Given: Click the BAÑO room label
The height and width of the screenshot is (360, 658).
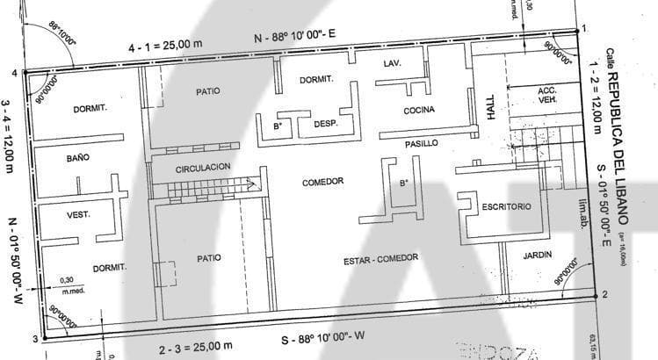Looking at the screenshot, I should [78, 158].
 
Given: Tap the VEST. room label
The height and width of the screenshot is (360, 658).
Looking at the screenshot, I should [79, 214].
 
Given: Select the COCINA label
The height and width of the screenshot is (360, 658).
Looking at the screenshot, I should [420, 111].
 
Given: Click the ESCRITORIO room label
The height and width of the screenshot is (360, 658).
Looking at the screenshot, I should [506, 206].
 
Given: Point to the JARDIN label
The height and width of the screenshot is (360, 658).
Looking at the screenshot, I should [537, 255].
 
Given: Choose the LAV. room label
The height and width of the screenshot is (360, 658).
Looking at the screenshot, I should [393, 64].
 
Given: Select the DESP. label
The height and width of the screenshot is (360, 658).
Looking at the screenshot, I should [326, 124].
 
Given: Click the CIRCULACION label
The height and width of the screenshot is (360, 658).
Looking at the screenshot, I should [203, 167].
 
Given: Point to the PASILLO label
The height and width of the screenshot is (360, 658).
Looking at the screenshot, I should [422, 143].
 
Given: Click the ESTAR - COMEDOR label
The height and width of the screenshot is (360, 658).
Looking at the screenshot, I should [380, 258].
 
